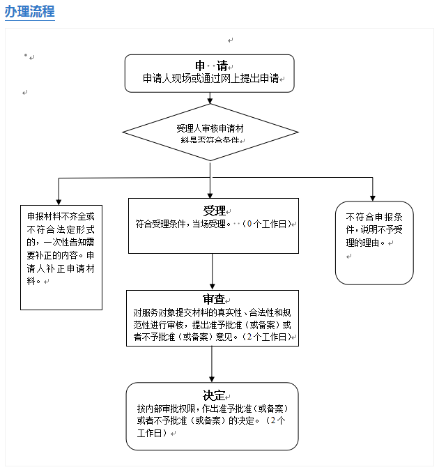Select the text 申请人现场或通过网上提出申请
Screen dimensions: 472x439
pyautogui.click(x=210, y=79)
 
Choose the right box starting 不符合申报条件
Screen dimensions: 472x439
pyautogui.click(x=374, y=243)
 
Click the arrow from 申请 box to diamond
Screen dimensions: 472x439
pyautogui.click(x=210, y=98)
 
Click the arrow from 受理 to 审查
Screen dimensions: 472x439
pyautogui.click(x=212, y=271)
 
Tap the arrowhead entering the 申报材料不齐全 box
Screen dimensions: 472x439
pyautogui.click(x=59, y=199)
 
